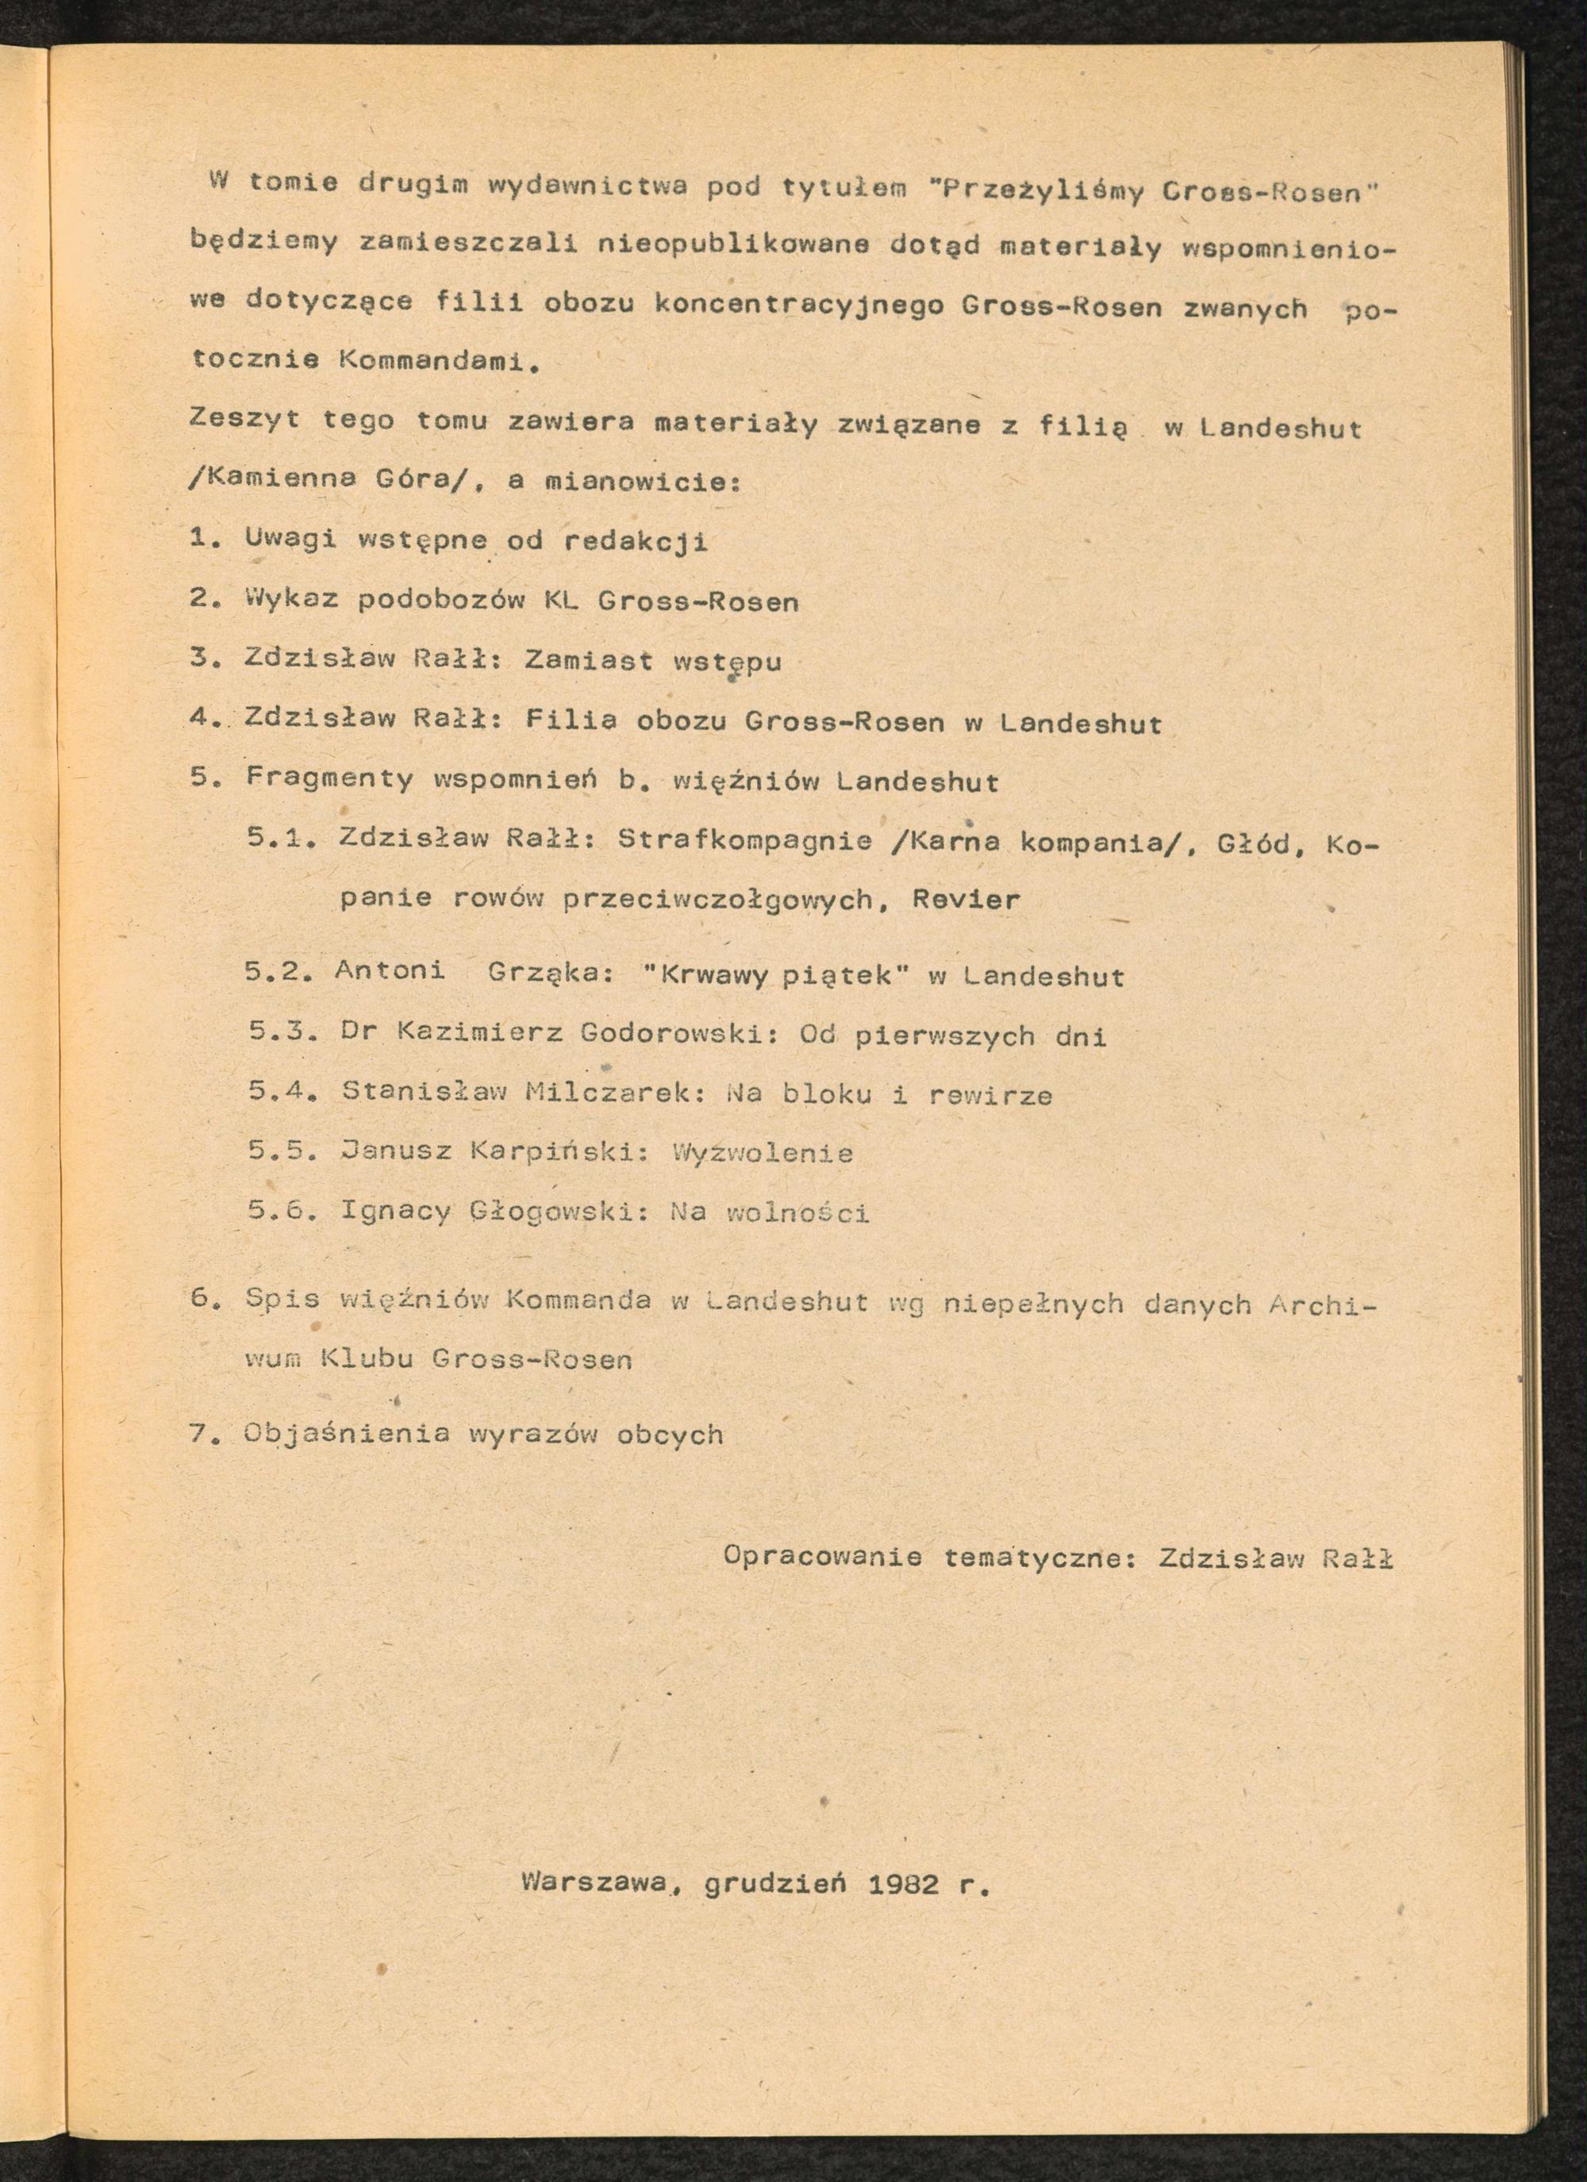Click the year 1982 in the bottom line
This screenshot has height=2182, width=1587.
[x=903, y=1883]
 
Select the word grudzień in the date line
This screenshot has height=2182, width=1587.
[x=774, y=1882]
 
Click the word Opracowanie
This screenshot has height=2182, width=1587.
[x=822, y=1557]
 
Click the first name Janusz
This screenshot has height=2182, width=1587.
[x=395, y=1151]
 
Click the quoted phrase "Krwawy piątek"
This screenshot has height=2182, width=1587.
[x=776, y=975]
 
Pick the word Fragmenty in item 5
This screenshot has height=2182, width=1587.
[x=329, y=778]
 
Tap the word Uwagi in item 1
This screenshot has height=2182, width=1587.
[x=290, y=539]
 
